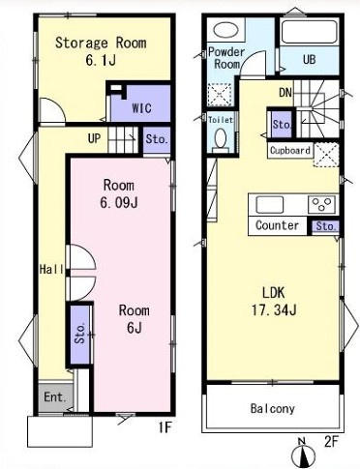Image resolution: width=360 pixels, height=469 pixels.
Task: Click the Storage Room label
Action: (101, 43)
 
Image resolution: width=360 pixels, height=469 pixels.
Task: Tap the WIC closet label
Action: (141, 108)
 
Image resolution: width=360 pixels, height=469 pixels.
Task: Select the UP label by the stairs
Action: (94, 138)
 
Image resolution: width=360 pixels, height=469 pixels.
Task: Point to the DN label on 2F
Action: (285, 93)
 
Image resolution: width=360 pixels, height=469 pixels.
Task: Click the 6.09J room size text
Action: (119, 203)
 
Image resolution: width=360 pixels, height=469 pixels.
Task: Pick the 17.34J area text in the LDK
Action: (274, 310)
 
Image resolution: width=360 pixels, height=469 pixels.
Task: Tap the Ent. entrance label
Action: (55, 396)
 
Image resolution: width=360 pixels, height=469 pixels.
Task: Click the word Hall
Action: (51, 269)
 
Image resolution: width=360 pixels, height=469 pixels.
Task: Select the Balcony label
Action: (273, 408)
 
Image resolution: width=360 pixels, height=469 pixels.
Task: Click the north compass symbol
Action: (303, 454)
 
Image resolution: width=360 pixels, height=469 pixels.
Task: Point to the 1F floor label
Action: (165, 427)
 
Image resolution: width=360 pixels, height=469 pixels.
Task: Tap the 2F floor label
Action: (331, 441)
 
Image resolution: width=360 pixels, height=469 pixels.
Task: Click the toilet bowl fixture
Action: (221, 141)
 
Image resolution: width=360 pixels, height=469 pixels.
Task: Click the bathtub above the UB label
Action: (310, 32)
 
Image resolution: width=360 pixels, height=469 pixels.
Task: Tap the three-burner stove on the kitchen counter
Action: (321, 204)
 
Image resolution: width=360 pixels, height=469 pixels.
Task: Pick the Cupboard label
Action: (290, 151)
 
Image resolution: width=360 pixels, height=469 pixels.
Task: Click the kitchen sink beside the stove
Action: (270, 204)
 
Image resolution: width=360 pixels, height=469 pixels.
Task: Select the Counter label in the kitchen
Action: (277, 225)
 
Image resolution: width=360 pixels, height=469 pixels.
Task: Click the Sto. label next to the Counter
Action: (326, 226)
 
